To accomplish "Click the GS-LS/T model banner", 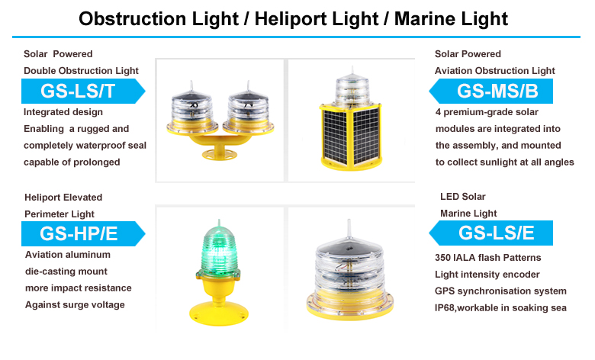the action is point(83,91).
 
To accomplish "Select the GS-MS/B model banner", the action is point(490,91).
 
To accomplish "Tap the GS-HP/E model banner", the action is point(83,233).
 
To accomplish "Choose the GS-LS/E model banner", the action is point(490,233).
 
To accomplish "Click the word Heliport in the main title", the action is point(317,19).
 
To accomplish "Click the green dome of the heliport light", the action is point(218,249).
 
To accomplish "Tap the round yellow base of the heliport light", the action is point(219,313).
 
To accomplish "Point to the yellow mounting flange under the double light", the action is point(219,153).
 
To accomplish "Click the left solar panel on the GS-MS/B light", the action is point(335,137).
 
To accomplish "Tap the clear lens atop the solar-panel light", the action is point(352,90).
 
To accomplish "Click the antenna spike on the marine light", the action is point(349,229).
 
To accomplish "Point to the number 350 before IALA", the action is point(442,258).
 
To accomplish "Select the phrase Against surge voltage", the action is point(75,305).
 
